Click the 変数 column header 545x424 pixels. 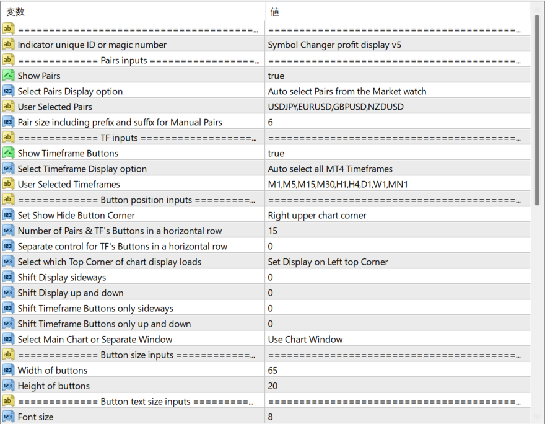point(15,12)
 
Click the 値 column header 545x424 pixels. point(275,12)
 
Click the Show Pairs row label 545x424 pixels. point(39,76)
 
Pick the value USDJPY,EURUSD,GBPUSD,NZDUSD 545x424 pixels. point(336,107)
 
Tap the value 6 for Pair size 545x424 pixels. point(271,122)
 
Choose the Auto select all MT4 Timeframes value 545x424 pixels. point(330,169)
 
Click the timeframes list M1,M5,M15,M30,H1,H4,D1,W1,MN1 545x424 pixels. point(338,184)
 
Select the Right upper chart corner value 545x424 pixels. point(317,215)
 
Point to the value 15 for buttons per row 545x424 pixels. point(272,231)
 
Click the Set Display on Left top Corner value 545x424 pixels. point(328,262)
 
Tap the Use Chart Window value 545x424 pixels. point(305,339)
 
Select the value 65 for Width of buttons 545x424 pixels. point(272,370)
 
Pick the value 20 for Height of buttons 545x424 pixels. point(272,386)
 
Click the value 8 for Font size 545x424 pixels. point(271,417)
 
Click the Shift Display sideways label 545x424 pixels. point(62,277)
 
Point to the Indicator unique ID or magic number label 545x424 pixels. point(92,45)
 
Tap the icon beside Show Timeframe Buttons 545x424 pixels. point(8,153)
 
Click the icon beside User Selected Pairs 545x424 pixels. point(8,107)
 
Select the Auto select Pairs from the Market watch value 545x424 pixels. point(347,91)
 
